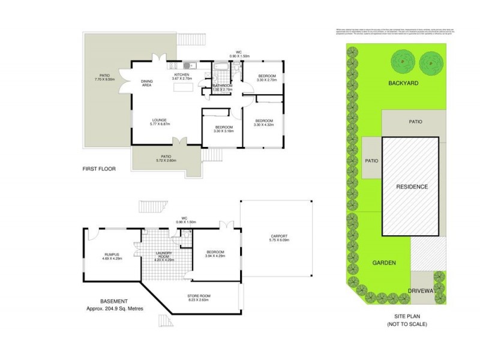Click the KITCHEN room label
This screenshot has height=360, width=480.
coord(181,75)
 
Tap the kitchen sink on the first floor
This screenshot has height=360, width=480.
coord(187,65)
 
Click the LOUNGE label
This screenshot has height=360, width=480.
coord(159,119)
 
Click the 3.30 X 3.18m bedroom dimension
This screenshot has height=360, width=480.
coord(223,131)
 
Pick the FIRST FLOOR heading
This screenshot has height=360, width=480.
coord(98,169)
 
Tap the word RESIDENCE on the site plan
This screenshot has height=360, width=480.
coord(412,187)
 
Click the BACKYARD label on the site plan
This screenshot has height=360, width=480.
coord(402,83)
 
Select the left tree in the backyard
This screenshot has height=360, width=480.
coord(400,61)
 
